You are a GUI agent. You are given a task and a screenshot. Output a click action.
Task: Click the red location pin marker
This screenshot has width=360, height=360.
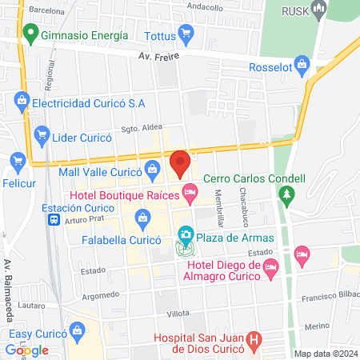tap(179, 163)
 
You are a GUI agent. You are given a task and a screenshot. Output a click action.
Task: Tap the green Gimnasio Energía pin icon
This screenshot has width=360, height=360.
tap(31, 35)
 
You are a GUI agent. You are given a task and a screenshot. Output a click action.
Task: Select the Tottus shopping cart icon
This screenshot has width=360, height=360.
tap(186, 35)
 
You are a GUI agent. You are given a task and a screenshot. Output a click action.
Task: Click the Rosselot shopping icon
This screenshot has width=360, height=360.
tap(302, 64)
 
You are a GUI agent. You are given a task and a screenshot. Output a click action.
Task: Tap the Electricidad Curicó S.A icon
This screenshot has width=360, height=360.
tap(21, 102)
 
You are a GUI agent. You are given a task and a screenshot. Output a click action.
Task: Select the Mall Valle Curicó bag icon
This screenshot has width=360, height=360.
tap(152, 169)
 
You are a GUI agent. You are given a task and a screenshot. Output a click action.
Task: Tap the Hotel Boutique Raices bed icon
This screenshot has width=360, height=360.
tap(190, 191)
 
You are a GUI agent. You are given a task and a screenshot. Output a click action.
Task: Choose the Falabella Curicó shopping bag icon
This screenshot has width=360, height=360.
tap(142, 217)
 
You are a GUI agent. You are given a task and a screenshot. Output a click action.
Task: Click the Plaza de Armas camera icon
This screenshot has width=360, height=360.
tap(186, 235)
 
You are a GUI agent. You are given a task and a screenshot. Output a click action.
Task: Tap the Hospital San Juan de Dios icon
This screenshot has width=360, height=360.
tap(254, 340)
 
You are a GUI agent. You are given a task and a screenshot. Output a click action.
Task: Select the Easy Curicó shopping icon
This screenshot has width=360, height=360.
tap(78, 330)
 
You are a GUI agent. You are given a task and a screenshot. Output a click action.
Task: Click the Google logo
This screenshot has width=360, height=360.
tap(26, 350)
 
